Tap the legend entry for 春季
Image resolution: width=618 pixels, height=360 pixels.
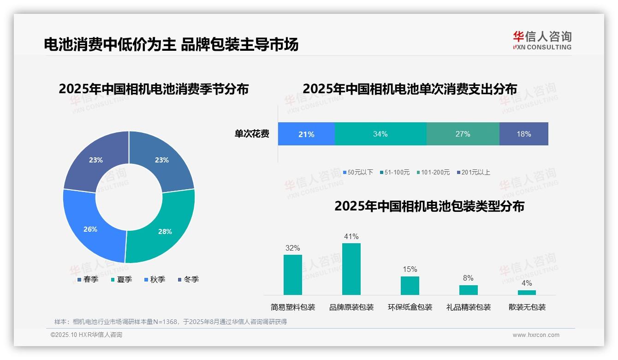tap(87, 279)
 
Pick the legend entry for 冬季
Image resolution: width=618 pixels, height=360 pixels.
tap(187, 279)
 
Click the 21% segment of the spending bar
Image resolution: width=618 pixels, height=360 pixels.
tap(306, 134)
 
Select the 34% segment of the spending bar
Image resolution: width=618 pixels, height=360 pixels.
tap(380, 134)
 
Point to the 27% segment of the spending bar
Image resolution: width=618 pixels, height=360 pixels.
tap(463, 134)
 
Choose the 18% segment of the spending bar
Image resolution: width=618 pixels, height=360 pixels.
tap(524, 134)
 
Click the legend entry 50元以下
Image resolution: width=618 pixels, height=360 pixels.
tap(358, 172)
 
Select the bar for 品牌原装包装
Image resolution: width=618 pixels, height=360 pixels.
tap(351, 269)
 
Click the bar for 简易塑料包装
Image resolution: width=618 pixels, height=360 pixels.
tap(293, 275)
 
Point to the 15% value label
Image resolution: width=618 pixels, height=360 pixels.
tap(410, 269)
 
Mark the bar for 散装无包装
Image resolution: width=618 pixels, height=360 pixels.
tap(527, 293)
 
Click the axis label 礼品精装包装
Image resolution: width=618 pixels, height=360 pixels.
tap(469, 307)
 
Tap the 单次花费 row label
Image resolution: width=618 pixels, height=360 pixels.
tap(252, 134)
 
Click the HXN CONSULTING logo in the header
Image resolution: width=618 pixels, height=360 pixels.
tap(542, 41)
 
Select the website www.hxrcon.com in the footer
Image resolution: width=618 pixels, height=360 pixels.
tap(536, 335)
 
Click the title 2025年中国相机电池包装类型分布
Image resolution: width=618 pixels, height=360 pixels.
tap(429, 206)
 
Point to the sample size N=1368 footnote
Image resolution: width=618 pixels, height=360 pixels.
tap(171, 322)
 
